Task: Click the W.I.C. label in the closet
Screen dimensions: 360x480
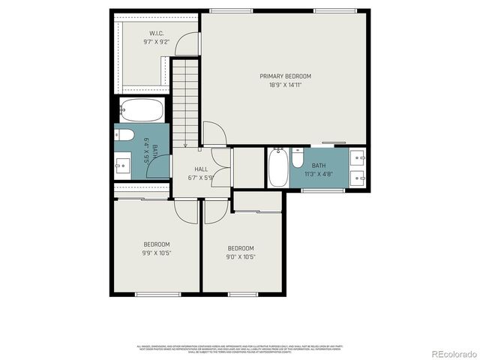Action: click(x=156, y=33)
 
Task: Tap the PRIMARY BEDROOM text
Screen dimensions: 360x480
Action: click(x=285, y=76)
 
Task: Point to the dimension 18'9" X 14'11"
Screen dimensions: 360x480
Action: click(x=285, y=85)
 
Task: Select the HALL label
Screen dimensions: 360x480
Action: click(x=201, y=169)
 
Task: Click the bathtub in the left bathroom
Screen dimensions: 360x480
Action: click(x=142, y=110)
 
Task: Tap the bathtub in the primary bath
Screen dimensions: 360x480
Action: click(x=277, y=169)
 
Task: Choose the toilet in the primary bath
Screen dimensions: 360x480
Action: click(x=298, y=160)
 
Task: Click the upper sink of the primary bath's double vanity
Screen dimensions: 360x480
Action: click(x=357, y=157)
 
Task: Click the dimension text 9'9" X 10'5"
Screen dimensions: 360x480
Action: click(x=157, y=253)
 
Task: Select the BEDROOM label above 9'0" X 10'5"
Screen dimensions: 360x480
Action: click(x=241, y=248)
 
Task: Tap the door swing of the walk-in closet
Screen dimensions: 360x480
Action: click(x=187, y=43)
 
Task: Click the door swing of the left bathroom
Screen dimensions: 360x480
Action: click(x=159, y=167)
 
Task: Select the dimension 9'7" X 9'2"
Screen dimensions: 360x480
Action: click(x=156, y=42)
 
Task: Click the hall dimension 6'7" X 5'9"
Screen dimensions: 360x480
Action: click(x=201, y=178)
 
